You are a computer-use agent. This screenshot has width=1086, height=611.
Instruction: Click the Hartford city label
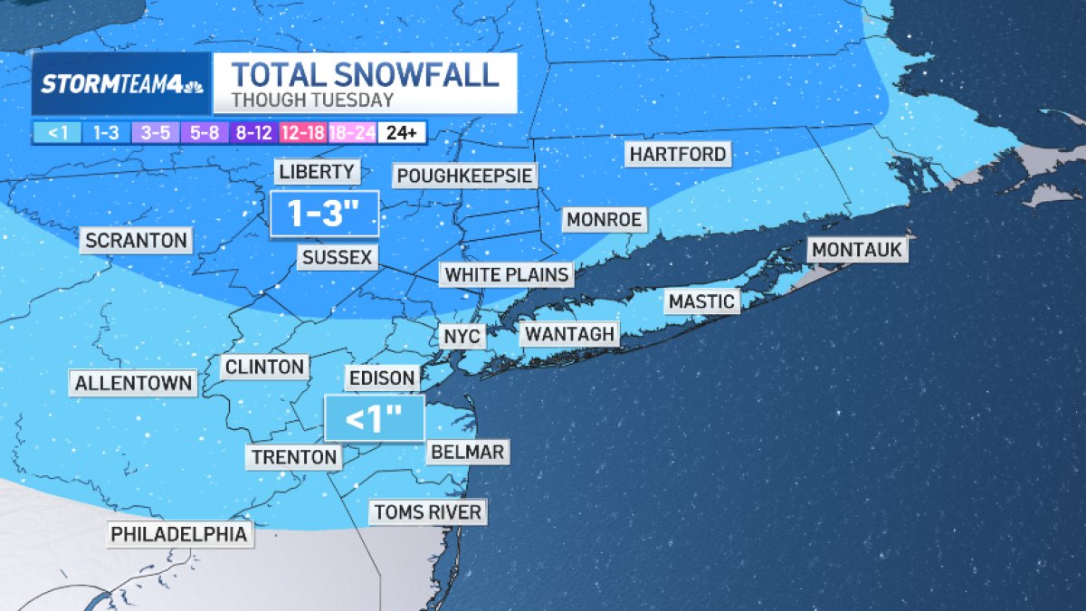[678, 155]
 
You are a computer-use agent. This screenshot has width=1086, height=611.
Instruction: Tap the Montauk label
[857, 250]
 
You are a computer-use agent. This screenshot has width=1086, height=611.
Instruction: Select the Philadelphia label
[178, 534]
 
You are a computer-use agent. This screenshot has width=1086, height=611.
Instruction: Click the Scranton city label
[136, 241]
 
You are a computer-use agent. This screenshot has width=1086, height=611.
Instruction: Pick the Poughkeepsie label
[464, 175]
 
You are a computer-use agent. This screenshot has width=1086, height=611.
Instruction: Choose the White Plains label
[507, 273]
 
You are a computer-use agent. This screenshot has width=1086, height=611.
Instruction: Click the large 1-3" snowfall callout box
[323, 214]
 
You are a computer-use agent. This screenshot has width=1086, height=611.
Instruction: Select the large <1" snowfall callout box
[374, 418]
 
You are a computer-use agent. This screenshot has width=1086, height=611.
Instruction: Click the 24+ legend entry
[401, 133]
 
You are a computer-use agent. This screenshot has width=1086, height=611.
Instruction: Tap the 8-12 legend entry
[254, 133]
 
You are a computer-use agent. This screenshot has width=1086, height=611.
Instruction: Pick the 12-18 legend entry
[303, 133]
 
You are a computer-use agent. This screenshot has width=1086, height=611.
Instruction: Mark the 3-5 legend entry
[157, 133]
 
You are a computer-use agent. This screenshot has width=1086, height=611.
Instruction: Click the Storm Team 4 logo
[121, 84]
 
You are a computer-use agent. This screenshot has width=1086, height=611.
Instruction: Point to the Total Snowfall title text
[365, 73]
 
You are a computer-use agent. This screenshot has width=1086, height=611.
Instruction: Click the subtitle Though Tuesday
[312, 100]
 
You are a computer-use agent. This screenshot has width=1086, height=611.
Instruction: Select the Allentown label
[133, 383]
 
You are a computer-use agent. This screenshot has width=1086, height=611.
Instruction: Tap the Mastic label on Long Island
[701, 301]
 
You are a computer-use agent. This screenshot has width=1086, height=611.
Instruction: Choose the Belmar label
[467, 452]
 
